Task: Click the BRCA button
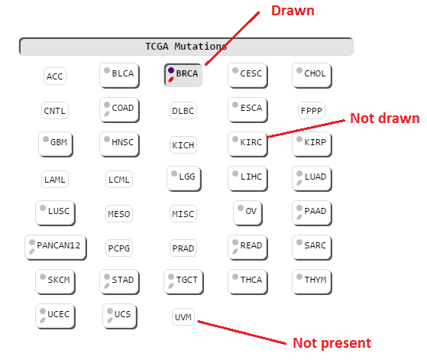(x=183, y=75)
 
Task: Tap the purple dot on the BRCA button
(x=171, y=70)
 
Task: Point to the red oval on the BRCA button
(x=171, y=79)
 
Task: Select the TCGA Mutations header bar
(x=186, y=47)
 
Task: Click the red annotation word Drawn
(x=293, y=11)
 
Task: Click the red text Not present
(x=332, y=343)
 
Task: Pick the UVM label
(x=183, y=317)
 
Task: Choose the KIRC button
(x=247, y=144)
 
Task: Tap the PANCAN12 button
(x=56, y=248)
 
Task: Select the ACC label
(x=55, y=76)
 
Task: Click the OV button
(x=247, y=213)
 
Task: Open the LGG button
(x=184, y=179)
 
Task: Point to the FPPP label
(x=312, y=110)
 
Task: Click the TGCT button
(x=183, y=282)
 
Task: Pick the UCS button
(x=120, y=316)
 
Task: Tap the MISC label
(x=183, y=214)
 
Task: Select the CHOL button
(x=312, y=76)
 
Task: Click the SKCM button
(x=55, y=282)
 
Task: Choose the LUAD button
(x=312, y=179)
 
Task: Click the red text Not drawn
(x=384, y=118)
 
